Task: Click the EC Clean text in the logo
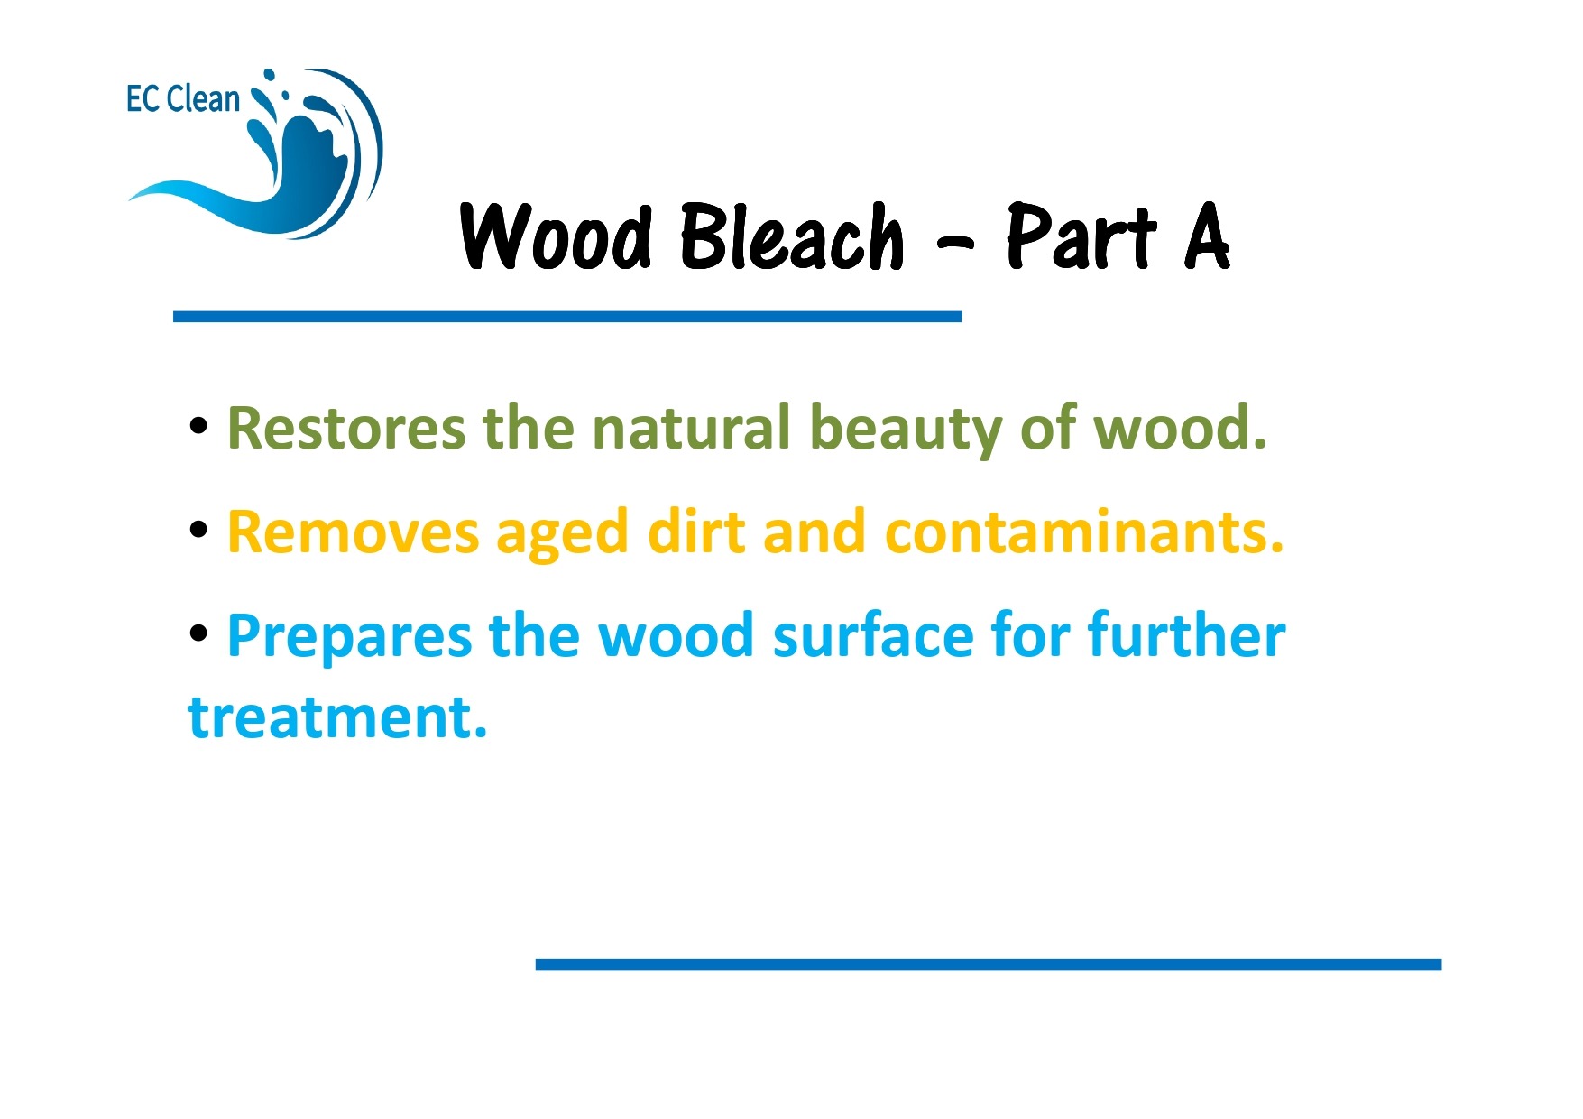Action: coord(183,99)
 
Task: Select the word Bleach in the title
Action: coord(791,236)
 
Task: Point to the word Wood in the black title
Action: coord(556,236)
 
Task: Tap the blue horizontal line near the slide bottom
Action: coord(988,965)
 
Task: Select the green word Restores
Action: coord(346,428)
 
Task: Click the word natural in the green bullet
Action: coord(691,428)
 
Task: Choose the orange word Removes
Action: coord(353,532)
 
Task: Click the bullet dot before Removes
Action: coord(199,531)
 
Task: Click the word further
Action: coord(1186,636)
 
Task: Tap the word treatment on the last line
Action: coord(337,718)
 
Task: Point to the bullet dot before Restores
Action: coord(199,426)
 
